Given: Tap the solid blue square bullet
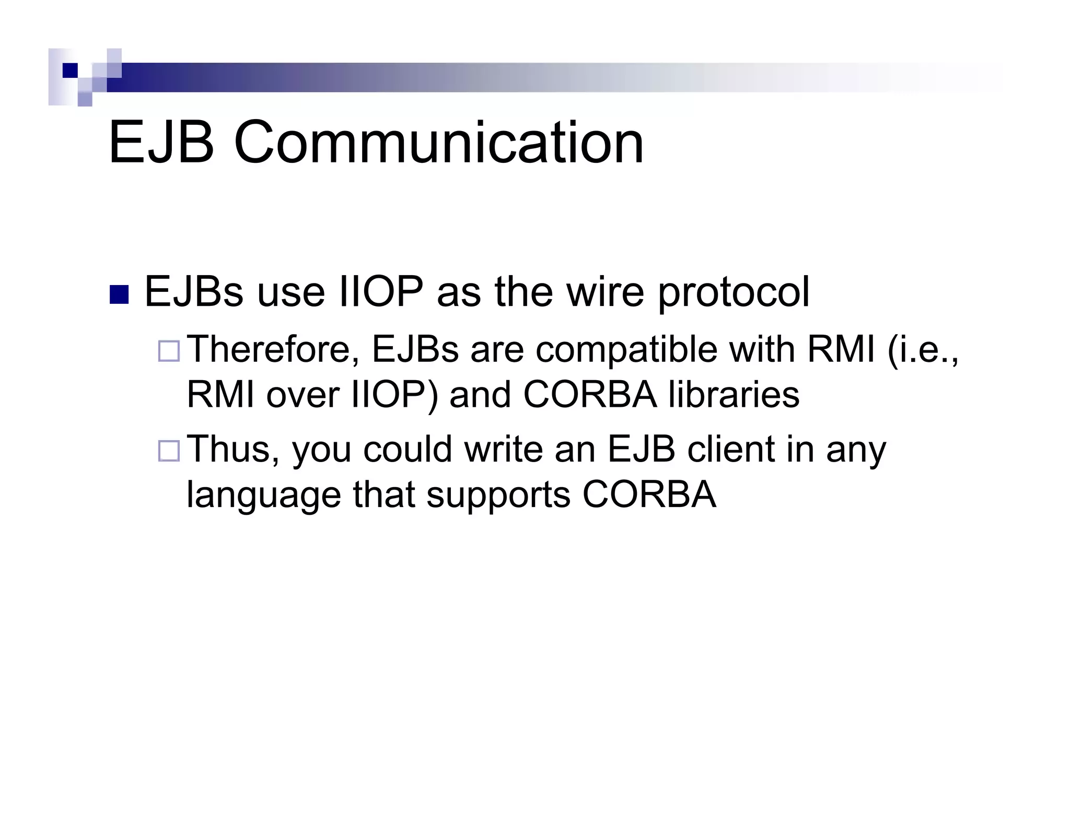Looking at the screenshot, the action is click(x=119, y=295).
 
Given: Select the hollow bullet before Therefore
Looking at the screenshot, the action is click(x=169, y=351).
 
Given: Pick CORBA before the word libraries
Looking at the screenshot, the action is click(x=589, y=394).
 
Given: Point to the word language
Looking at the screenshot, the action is click(x=263, y=495).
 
